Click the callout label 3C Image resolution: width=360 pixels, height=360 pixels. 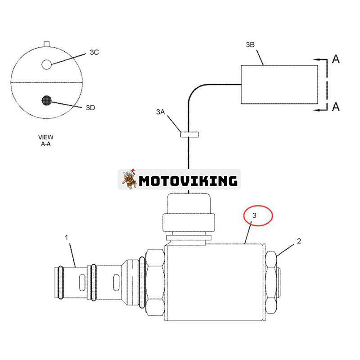click(94, 52)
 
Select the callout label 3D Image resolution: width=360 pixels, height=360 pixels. click(90, 108)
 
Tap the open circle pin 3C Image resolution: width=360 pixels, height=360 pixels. click(47, 64)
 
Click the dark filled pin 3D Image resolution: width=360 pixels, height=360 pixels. click(47, 100)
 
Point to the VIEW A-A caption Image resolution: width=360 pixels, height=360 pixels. click(46, 140)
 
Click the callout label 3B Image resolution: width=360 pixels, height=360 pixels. click(250, 45)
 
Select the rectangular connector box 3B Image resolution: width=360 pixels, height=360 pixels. click(279, 85)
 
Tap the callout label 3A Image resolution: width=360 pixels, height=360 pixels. click(161, 112)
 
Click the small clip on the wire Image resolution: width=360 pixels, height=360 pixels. click(189, 134)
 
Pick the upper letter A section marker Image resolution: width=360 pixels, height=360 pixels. click(336, 59)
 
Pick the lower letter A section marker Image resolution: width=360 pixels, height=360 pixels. click(336, 107)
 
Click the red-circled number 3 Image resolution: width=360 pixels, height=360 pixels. click(254, 216)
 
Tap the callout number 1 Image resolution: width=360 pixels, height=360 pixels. click(67, 238)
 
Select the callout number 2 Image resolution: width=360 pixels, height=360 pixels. click(299, 241)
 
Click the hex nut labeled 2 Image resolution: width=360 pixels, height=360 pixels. click(271, 283)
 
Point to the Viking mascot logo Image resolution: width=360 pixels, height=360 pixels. click(129, 179)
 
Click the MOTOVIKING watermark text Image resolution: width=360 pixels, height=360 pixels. click(188, 181)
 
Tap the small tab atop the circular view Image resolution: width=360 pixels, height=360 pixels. click(47, 44)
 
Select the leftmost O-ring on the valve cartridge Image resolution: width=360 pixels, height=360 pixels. click(61, 283)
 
